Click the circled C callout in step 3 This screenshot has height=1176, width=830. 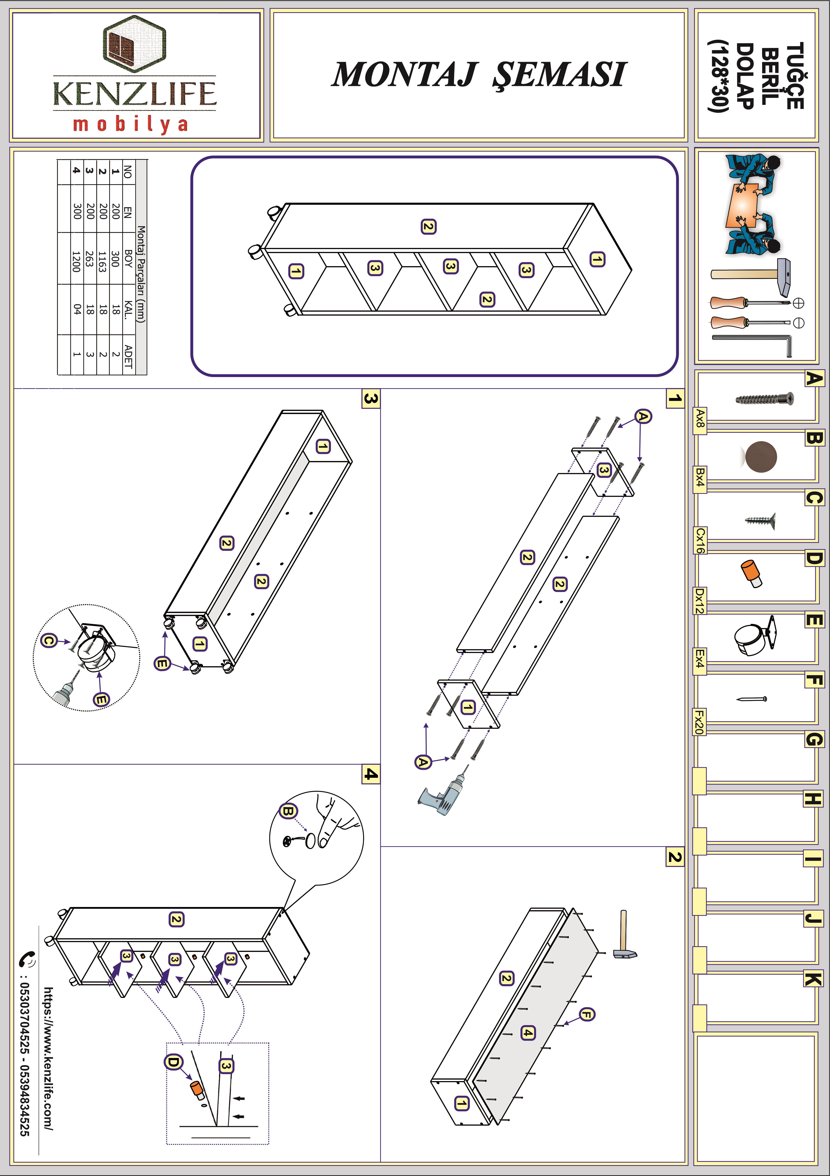tap(49, 640)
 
